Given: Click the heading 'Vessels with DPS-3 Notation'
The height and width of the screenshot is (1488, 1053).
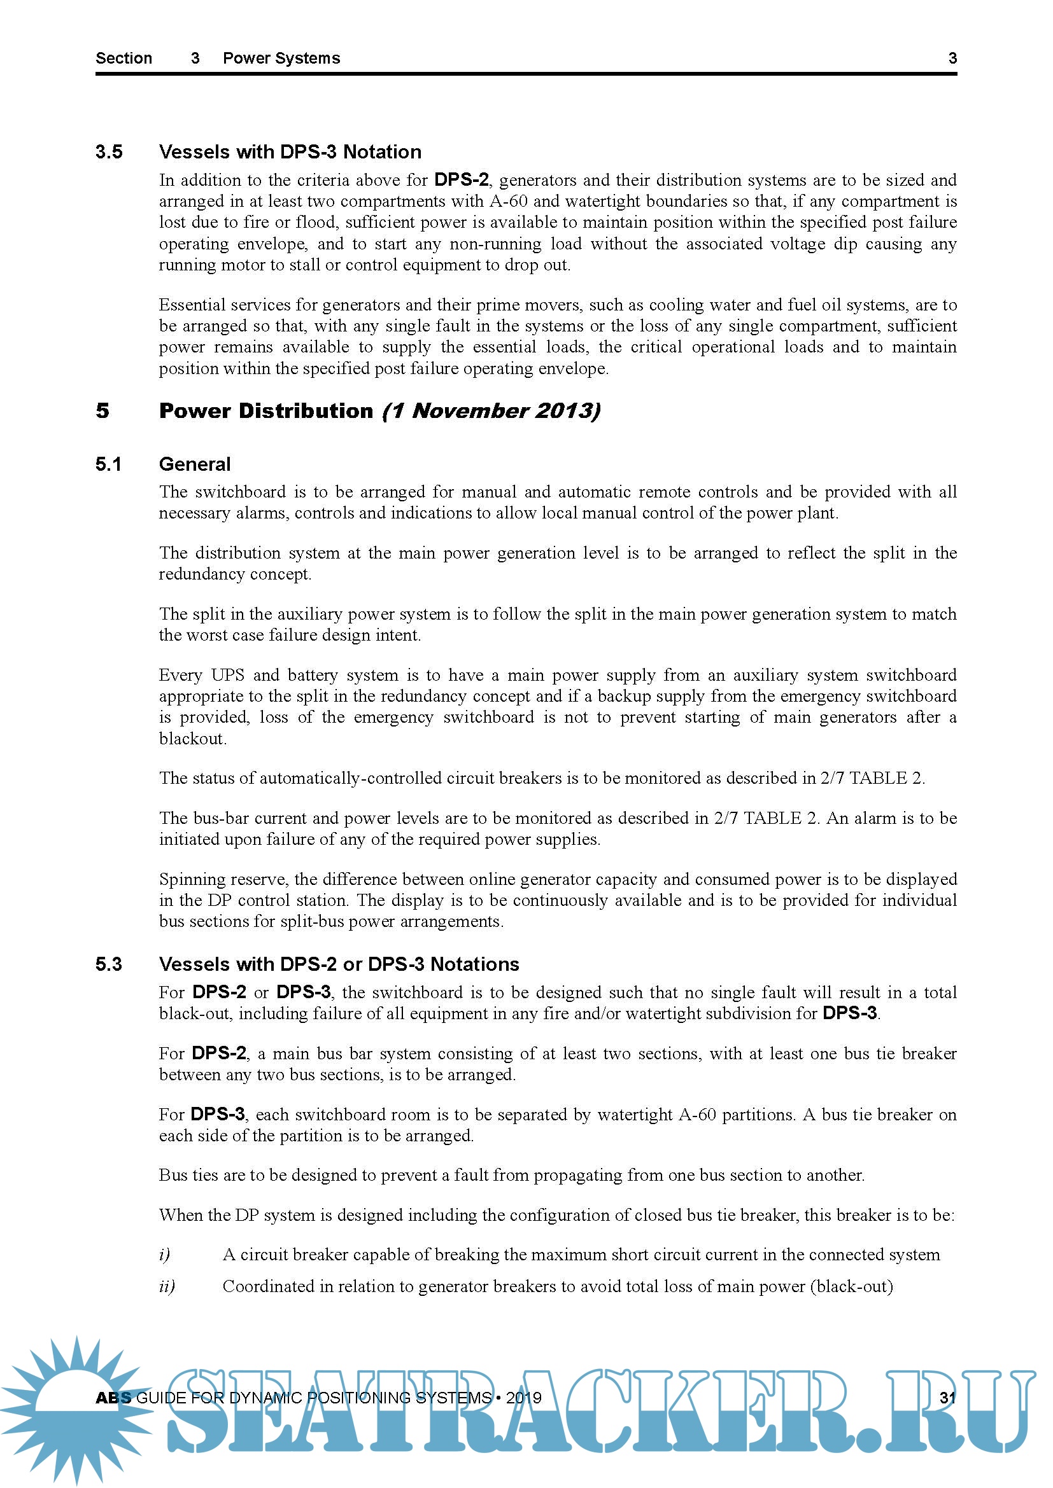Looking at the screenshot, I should coord(290,151).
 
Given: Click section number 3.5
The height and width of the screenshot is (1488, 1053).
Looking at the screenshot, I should coord(109,151).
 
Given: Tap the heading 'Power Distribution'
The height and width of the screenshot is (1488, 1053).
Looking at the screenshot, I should coord(266,411).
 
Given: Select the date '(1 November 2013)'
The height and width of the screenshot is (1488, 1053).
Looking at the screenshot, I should coord(491,411).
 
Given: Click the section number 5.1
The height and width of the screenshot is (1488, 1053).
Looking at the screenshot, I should coord(108,464).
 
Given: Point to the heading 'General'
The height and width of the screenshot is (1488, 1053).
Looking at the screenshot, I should coord(195,464).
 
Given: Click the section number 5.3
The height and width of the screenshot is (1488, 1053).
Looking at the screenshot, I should coord(108,964).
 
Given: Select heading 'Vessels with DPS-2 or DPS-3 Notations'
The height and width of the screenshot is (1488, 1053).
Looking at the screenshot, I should coord(339,964).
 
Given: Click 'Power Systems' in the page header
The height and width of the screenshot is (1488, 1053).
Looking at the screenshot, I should coord(281,59).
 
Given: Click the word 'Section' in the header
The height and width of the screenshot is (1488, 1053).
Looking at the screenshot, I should coord(124,59).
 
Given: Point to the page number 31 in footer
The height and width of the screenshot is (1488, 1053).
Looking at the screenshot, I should coord(947,1397).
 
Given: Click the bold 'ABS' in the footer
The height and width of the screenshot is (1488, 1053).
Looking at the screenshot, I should coord(113,1397).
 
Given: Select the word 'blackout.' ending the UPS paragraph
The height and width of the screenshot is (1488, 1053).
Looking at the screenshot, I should coord(192,739).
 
